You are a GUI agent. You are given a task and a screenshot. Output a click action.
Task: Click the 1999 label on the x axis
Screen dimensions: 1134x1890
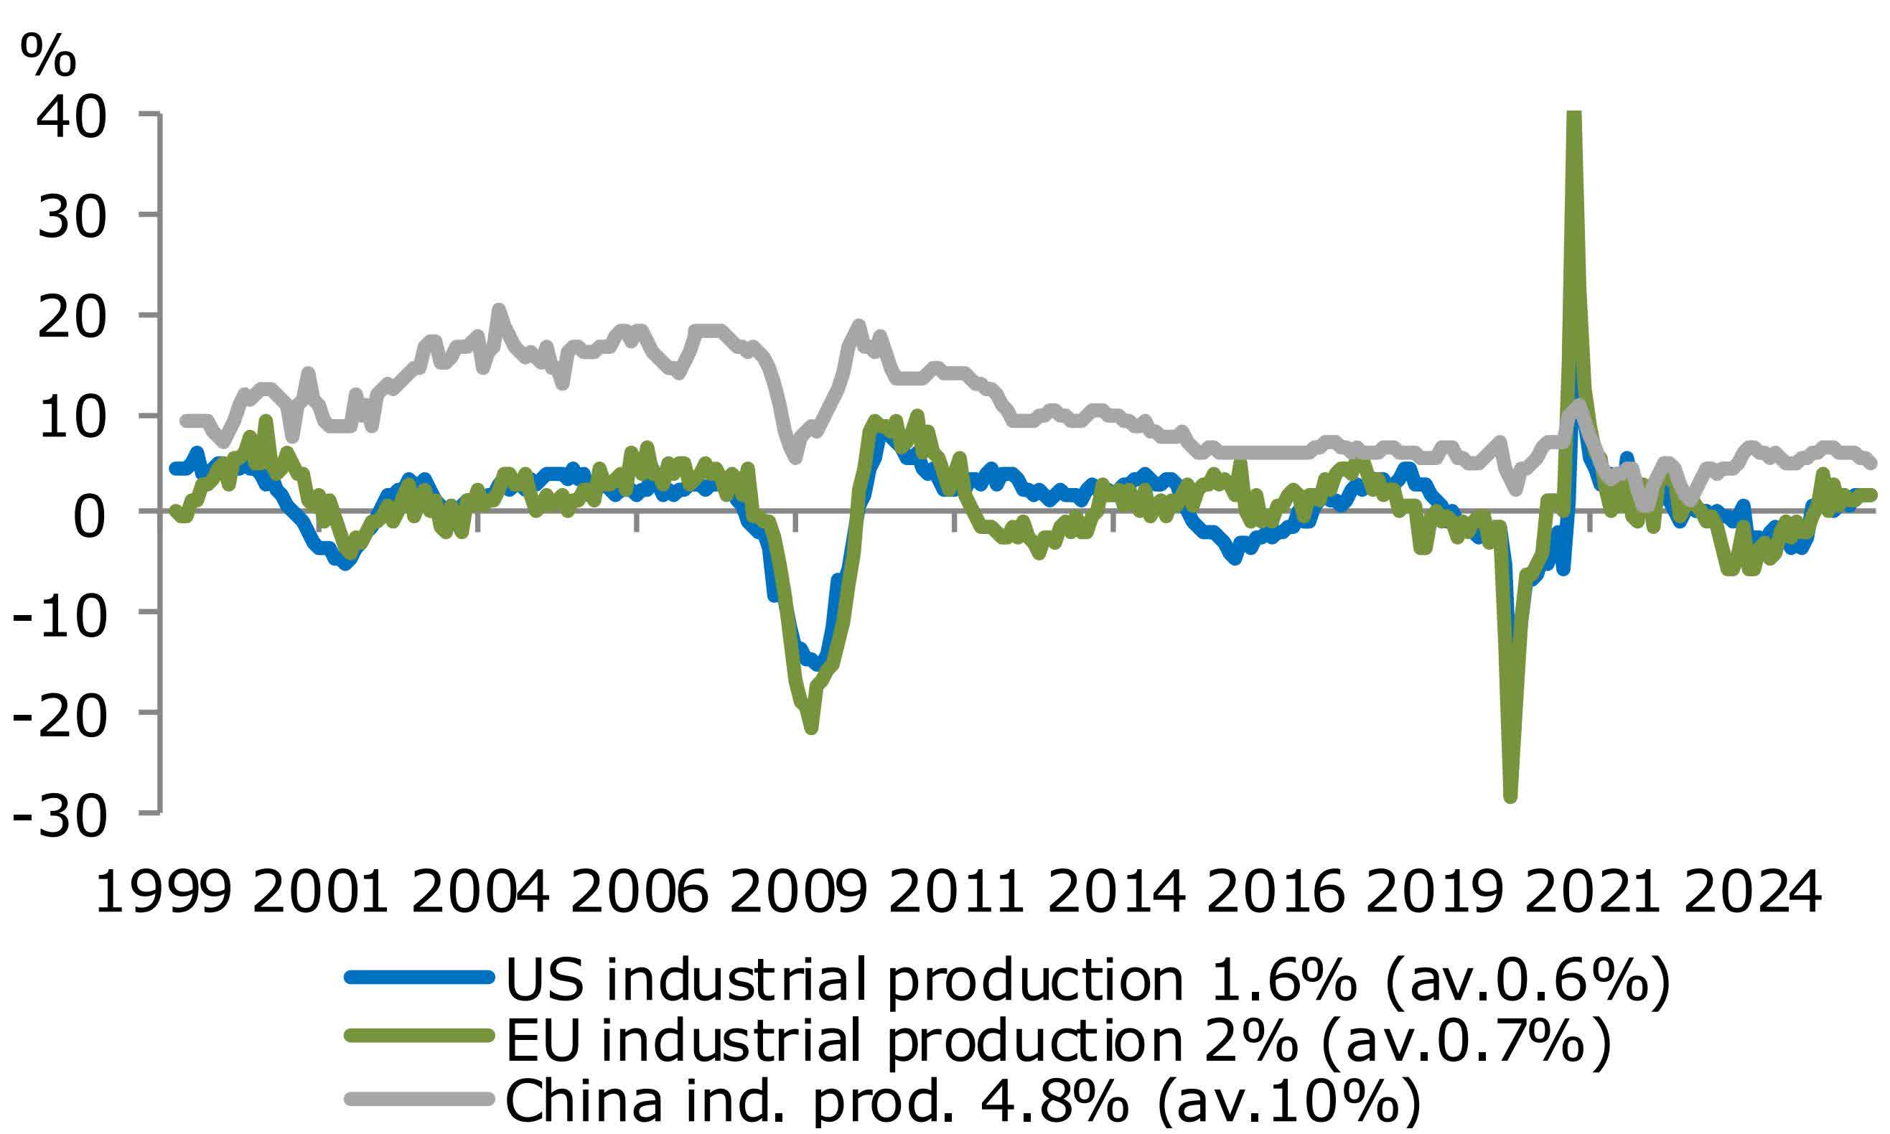162,893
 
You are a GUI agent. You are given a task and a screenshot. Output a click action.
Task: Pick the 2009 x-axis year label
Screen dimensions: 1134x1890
799,893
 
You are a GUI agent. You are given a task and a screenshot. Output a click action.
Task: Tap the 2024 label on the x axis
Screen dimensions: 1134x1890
1751,893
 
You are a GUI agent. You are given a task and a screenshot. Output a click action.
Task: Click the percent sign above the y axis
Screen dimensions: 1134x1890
48,55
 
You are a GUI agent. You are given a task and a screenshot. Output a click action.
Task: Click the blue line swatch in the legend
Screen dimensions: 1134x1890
418,978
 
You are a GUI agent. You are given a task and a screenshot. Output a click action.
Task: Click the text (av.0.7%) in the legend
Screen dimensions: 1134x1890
1465,1039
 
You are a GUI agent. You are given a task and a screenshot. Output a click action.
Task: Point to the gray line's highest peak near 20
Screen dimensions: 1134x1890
498,310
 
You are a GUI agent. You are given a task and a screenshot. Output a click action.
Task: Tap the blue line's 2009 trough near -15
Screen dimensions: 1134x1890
819,663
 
